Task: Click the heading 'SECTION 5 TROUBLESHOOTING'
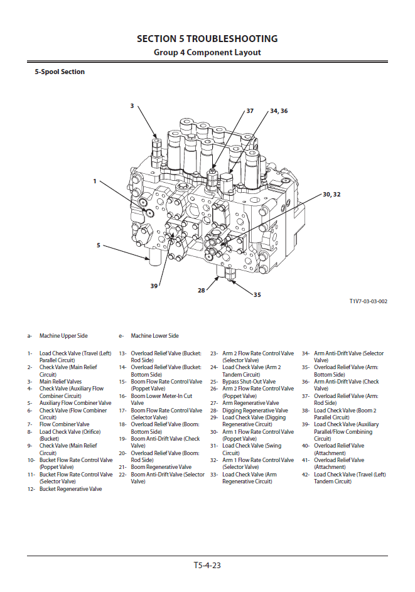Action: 207,39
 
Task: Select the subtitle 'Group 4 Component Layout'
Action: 207,53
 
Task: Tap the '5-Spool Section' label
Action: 60,72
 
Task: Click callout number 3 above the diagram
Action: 132,106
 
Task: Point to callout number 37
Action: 250,110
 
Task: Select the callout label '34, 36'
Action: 279,110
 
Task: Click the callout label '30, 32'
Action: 331,195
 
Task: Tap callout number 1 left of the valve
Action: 95,181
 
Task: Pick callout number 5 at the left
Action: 98,245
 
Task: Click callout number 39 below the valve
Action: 154,286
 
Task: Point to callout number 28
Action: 202,290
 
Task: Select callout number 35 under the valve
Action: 257,294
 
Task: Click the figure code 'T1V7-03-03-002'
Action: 369,301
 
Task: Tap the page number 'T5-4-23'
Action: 207,565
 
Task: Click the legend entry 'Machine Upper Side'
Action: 63,336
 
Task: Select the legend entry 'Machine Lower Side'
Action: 154,336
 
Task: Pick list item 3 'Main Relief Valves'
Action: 60,382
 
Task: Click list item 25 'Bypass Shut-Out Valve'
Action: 249,382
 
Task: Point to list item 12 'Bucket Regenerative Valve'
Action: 70,488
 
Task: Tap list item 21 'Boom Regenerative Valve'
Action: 161,467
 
